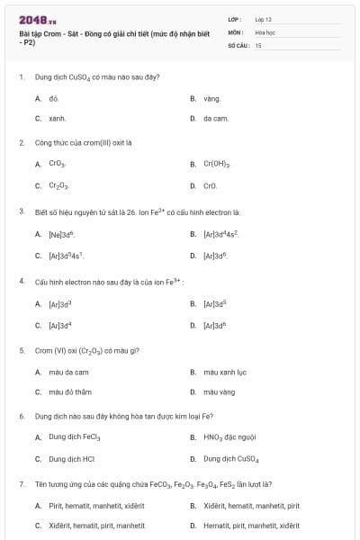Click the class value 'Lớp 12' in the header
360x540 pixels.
(x=263, y=19)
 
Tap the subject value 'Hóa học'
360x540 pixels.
(x=265, y=31)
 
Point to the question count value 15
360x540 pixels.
(x=258, y=44)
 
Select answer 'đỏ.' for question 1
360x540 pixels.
(x=54, y=98)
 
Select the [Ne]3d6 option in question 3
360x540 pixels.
(x=62, y=234)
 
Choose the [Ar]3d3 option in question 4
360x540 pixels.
(x=60, y=304)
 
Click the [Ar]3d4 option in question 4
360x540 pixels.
(x=60, y=325)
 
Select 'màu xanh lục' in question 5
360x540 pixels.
(x=224, y=372)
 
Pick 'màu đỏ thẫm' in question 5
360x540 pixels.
(x=70, y=391)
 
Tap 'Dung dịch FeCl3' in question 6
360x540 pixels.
(x=75, y=437)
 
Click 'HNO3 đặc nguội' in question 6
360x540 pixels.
(x=230, y=437)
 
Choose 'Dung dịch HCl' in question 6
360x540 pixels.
(x=71, y=458)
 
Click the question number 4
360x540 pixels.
(x=21, y=281)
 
